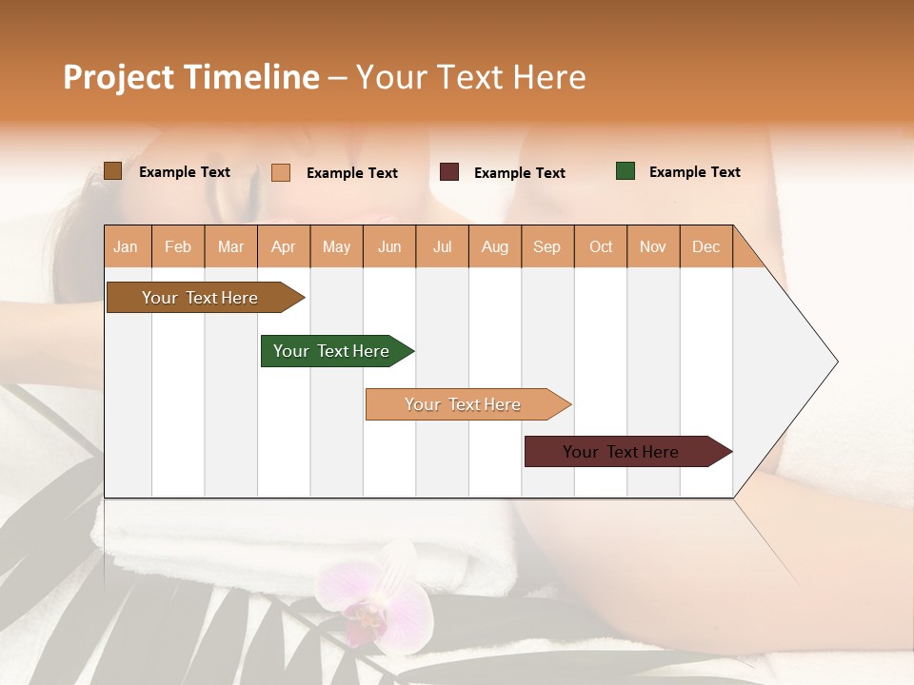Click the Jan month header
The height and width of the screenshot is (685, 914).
pyautogui.click(x=126, y=246)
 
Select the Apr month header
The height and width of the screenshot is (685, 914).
pyautogui.click(x=284, y=246)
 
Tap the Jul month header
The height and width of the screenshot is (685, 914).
pyautogui.click(x=442, y=246)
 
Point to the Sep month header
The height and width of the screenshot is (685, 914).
pyautogui.click(x=546, y=246)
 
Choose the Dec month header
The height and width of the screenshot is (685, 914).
pyautogui.click(x=705, y=246)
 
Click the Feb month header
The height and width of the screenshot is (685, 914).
pyautogui.click(x=178, y=246)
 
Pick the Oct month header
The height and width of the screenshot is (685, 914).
pyautogui.click(x=601, y=246)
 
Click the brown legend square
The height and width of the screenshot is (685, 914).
pyautogui.click(x=112, y=171)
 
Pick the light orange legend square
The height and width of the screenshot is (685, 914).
pyautogui.click(x=280, y=172)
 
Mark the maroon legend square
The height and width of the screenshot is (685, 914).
pyautogui.click(x=449, y=172)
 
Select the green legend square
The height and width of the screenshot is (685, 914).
pyautogui.click(x=625, y=171)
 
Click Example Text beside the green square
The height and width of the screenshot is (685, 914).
pyautogui.click(x=694, y=172)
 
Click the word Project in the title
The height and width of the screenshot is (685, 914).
pyautogui.click(x=118, y=77)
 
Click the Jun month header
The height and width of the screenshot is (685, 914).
pyautogui.click(x=389, y=246)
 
